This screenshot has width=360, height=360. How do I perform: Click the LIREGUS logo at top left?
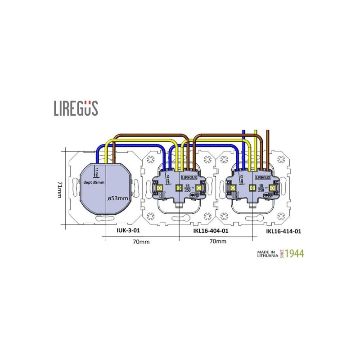pyautogui.click(x=76, y=108)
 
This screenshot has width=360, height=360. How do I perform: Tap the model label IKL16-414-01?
pyautogui.click(x=283, y=231)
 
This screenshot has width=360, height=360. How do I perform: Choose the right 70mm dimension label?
pyautogui.click(x=217, y=242)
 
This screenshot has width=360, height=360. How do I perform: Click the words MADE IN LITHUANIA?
pyautogui.click(x=266, y=253)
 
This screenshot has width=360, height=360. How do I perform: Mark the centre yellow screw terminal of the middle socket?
pyautogui.click(x=178, y=187)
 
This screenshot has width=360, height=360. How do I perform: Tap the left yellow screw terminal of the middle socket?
pyautogui.click(x=160, y=187)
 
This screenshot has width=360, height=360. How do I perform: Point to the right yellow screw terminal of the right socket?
pyautogui.click(x=272, y=187)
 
